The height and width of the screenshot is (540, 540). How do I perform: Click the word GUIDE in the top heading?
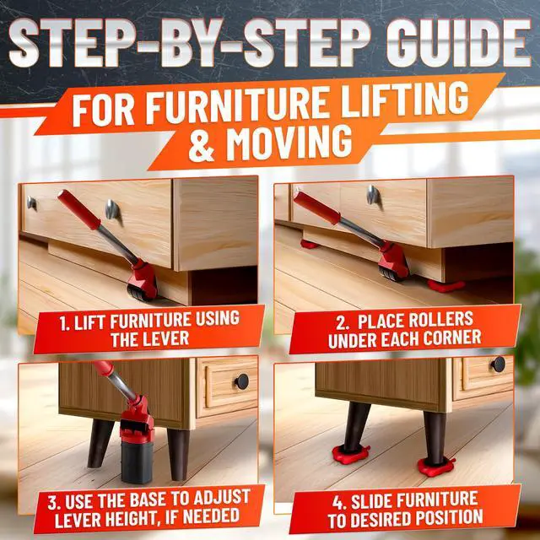tap(458, 43)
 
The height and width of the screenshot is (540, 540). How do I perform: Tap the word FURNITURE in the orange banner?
tap(240, 105)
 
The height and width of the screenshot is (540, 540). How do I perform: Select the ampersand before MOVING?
tap(203, 145)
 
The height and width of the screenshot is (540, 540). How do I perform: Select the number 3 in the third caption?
tap(52, 503)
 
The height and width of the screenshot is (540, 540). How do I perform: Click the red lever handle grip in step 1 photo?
tap(78, 209)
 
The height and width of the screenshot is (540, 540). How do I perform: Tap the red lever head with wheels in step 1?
tap(143, 282)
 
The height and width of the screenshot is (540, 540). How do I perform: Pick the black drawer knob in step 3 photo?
tap(242, 381)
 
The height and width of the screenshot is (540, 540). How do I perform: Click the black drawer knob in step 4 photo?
tap(498, 364)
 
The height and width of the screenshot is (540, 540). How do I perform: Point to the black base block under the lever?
tap(137, 462)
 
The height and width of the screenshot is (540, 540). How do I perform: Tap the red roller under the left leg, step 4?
tap(351, 454)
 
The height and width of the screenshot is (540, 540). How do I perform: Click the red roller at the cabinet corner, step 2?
tap(446, 285)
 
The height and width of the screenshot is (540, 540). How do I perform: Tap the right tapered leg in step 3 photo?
tap(179, 455)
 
